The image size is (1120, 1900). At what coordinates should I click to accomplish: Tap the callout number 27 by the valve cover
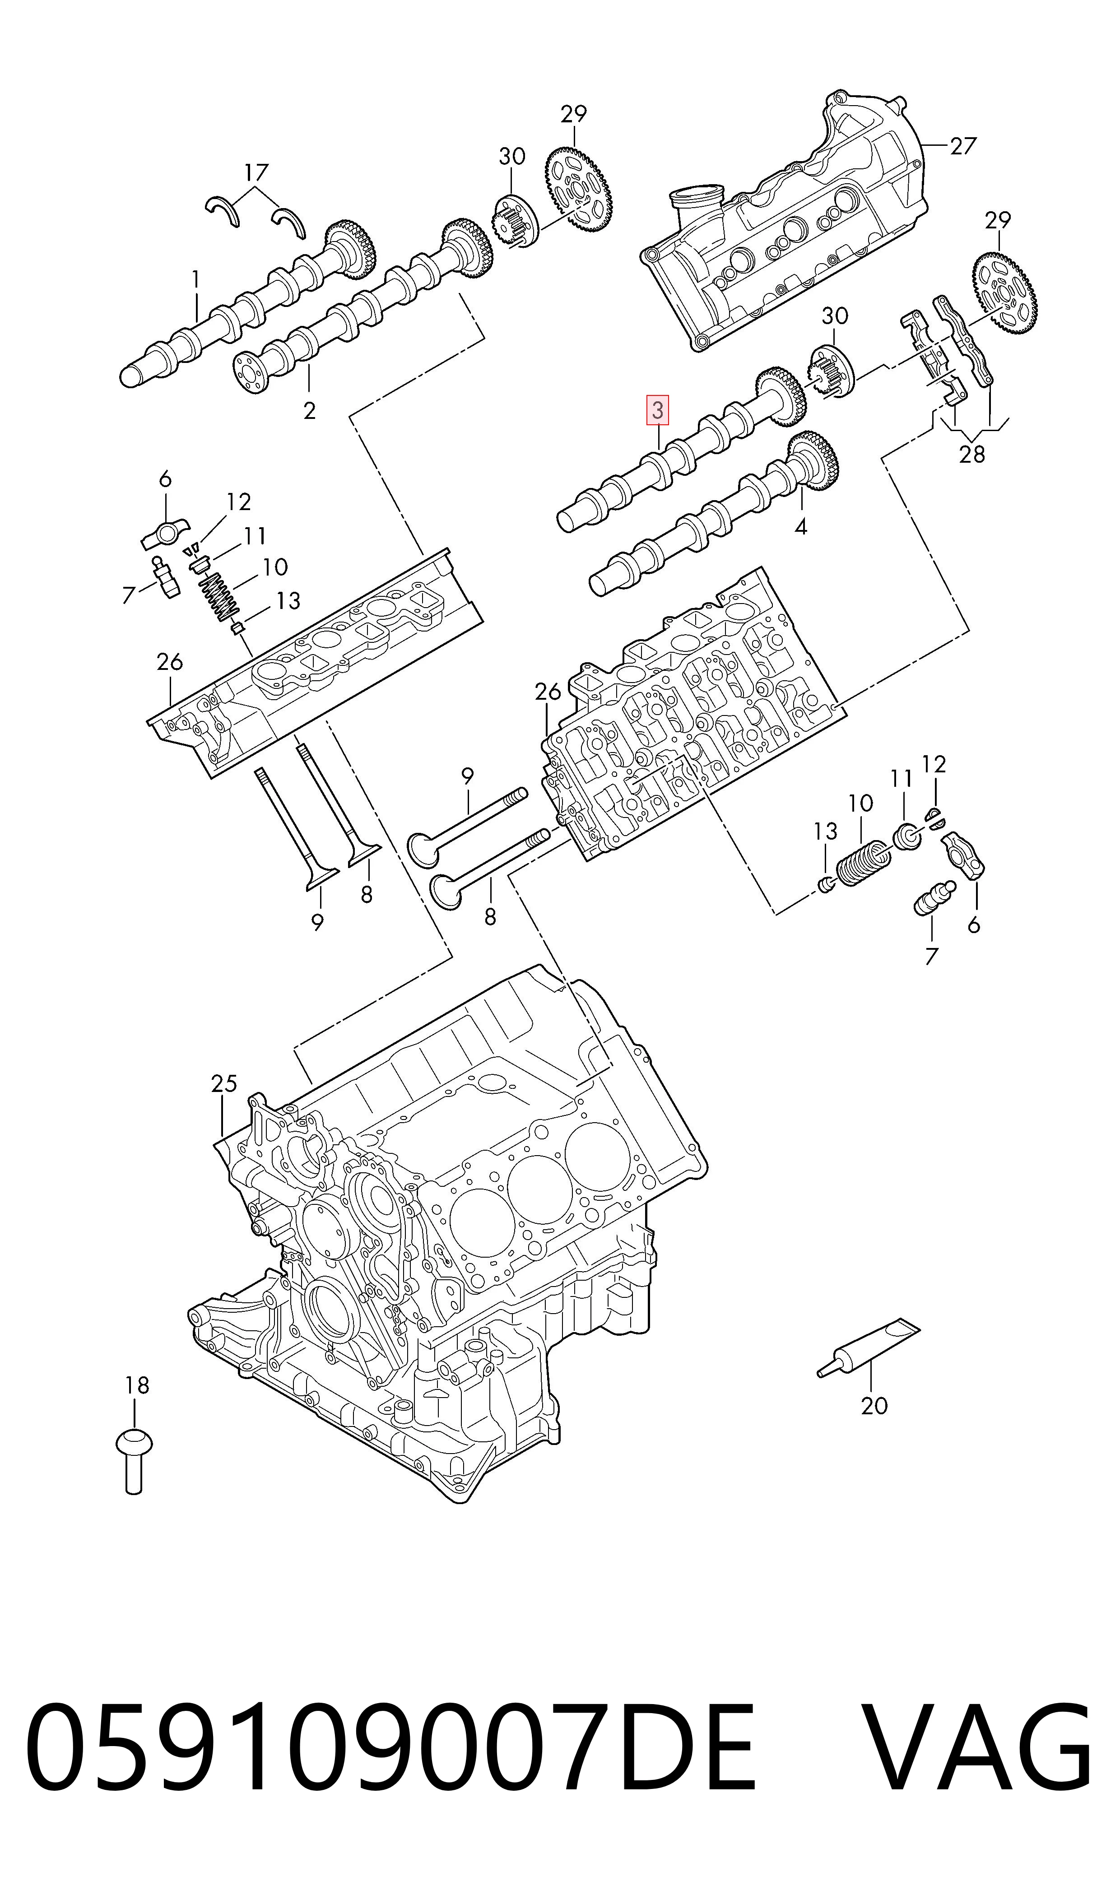[963, 146]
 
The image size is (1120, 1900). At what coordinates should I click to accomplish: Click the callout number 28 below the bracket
[971, 454]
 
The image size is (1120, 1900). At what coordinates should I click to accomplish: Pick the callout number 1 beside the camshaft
[195, 279]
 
